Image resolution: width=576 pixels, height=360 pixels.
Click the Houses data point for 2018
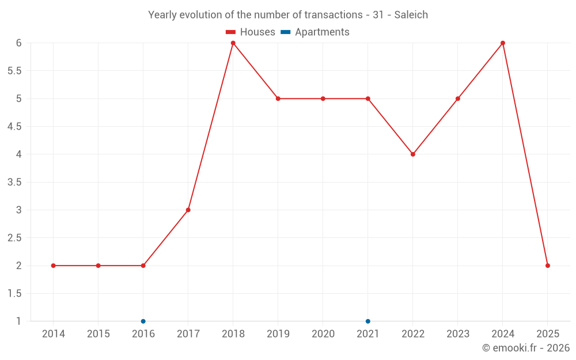(233, 43)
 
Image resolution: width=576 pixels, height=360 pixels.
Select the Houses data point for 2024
(503, 43)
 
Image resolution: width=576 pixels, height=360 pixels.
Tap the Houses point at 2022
(413, 154)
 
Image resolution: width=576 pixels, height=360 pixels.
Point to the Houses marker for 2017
(188, 210)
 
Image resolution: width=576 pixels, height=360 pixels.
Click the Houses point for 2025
(548, 266)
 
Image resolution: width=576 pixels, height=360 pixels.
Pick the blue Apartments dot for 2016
(143, 321)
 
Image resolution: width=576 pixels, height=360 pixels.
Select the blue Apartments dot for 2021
(368, 321)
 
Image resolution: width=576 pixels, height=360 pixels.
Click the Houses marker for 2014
(54, 266)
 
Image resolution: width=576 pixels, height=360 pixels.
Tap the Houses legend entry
(251, 32)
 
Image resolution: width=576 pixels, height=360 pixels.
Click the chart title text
(288, 15)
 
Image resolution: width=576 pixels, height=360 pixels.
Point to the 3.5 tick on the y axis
(14, 182)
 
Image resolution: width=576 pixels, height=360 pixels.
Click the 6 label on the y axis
(19, 43)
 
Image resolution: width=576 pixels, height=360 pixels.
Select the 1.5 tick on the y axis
(14, 294)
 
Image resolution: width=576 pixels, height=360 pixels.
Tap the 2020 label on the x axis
(323, 334)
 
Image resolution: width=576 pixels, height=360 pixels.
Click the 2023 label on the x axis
(458, 334)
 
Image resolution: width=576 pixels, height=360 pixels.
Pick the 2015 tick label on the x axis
(98, 334)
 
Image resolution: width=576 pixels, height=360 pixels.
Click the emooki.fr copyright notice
(525, 348)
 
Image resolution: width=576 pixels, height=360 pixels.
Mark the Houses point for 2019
(278, 98)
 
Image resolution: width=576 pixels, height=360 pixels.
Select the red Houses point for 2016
(143, 266)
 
